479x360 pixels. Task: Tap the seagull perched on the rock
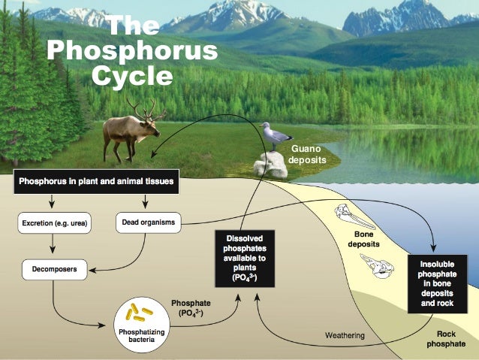coord(276,137)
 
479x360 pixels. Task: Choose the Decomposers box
coord(54,268)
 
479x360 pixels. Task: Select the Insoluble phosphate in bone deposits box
coord(438,283)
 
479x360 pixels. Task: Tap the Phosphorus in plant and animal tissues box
coord(97,182)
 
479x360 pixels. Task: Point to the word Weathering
coord(345,334)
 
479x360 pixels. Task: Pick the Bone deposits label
coord(364,240)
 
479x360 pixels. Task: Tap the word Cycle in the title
coord(132,75)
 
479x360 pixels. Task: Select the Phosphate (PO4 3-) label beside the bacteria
coord(191,307)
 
